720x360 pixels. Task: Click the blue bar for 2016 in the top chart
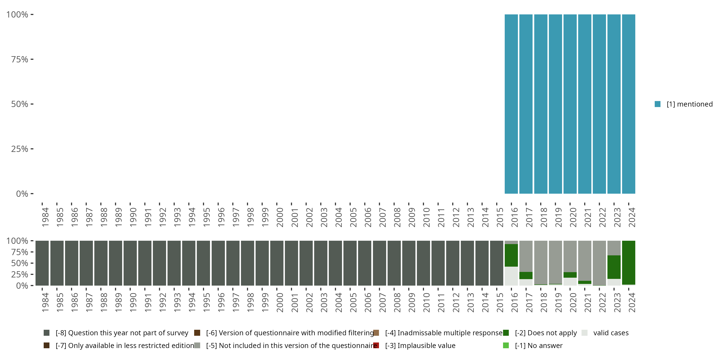point(511,104)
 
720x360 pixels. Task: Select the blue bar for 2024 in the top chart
point(629,104)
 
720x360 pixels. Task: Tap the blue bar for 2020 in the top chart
point(570,104)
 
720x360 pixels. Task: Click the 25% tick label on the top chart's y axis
point(20,149)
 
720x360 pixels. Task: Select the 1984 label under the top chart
point(45,217)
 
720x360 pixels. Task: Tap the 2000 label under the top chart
point(280,217)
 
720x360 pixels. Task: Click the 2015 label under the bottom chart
point(500,302)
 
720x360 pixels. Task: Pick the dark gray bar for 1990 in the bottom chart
point(130,263)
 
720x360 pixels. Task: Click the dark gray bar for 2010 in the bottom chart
point(423,263)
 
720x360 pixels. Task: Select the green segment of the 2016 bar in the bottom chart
point(511,255)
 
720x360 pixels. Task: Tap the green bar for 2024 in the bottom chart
point(629,263)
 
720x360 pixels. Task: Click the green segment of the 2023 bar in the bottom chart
point(614,267)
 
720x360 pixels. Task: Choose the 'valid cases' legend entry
point(611,333)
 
